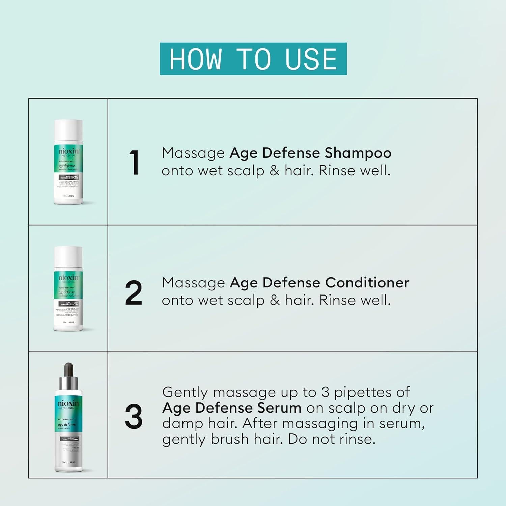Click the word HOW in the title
point(195,59)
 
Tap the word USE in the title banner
point(311,59)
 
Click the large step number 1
point(134,163)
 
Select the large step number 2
point(134,293)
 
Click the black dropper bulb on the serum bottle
point(68,370)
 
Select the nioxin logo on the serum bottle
point(68,403)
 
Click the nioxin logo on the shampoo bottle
point(68,151)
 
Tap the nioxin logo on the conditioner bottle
point(68,278)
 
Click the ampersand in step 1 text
point(275,171)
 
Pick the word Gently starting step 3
point(185,393)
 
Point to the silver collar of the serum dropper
point(68,383)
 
